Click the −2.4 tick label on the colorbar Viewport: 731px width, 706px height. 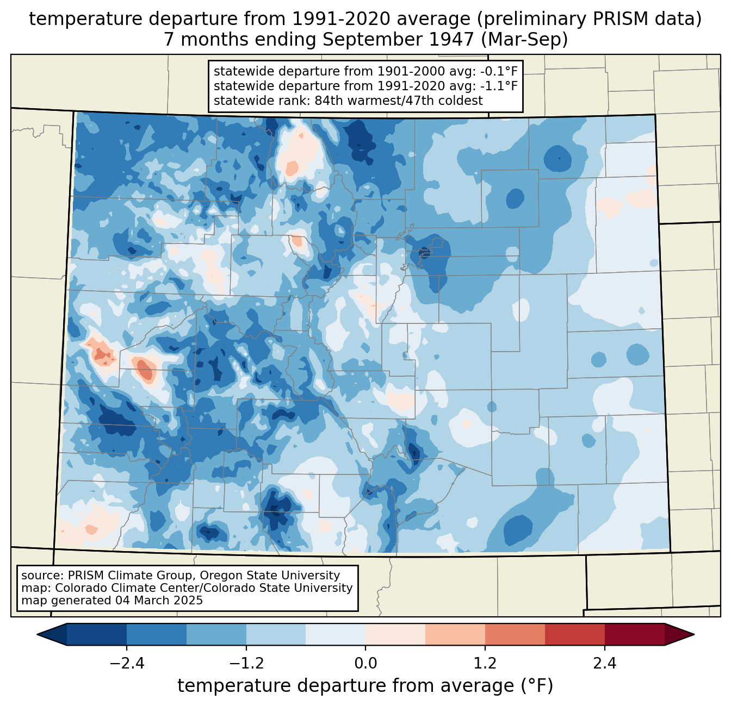pos(126,664)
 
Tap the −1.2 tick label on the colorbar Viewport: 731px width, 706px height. pos(246,664)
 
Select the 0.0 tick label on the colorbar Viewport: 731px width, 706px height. pos(365,664)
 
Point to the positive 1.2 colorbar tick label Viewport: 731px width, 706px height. pos(485,664)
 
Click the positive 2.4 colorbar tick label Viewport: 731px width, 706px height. pos(604,664)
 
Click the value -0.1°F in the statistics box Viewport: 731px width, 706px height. pos(498,71)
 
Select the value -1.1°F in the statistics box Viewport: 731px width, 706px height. pos(498,86)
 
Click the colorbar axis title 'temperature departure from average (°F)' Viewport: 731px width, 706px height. pos(365,686)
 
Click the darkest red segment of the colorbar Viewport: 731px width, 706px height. pos(634,634)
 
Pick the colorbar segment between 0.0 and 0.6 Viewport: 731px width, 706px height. pos(395,634)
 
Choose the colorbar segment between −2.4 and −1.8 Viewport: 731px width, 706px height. pos(156,634)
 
